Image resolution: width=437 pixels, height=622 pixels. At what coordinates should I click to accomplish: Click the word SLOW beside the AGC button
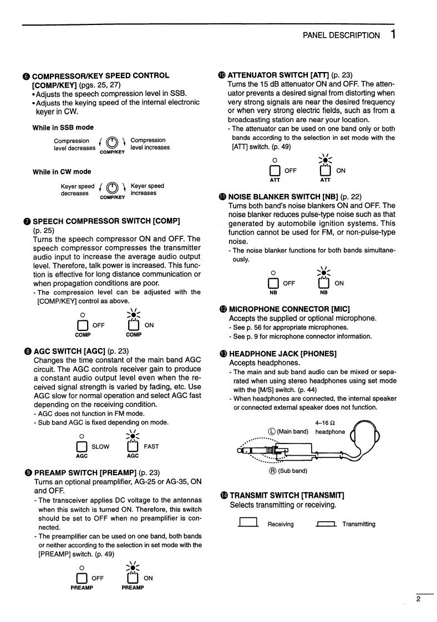click(100, 446)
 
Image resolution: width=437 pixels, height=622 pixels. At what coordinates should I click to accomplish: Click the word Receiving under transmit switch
click(281, 524)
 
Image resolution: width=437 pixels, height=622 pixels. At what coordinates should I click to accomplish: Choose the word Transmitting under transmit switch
click(359, 524)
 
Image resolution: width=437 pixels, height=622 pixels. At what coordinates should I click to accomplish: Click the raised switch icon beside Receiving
click(249, 522)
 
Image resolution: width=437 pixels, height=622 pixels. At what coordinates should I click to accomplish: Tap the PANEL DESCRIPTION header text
click(341, 35)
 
